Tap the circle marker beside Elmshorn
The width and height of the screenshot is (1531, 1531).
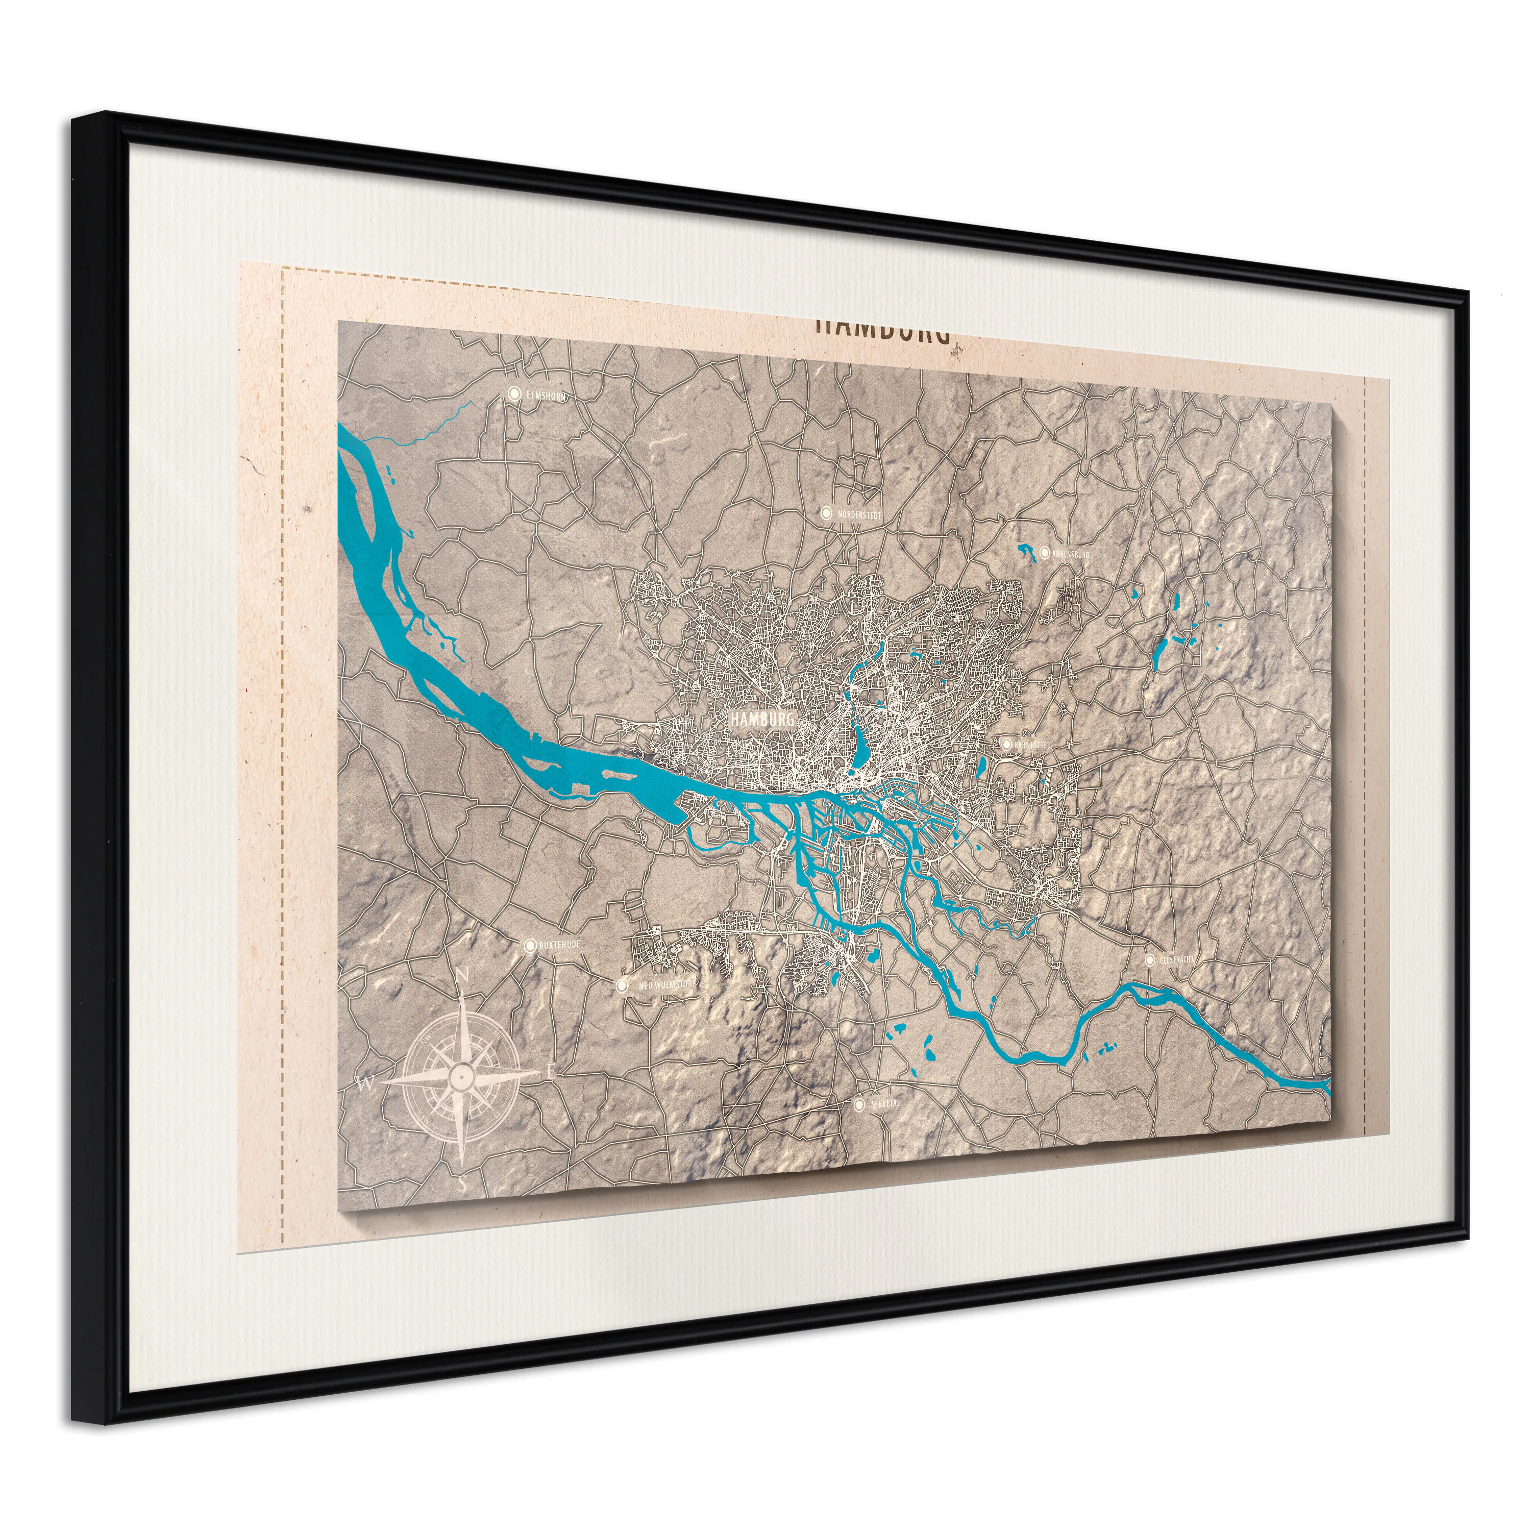click(x=514, y=393)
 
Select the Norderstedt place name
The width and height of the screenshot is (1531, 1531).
click(x=858, y=514)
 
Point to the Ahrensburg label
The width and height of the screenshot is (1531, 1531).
click(x=1071, y=553)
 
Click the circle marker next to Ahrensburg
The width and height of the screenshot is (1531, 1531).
click(x=1045, y=552)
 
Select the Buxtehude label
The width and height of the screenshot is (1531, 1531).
click(x=559, y=945)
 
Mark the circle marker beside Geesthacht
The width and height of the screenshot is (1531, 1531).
click(x=1150, y=959)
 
